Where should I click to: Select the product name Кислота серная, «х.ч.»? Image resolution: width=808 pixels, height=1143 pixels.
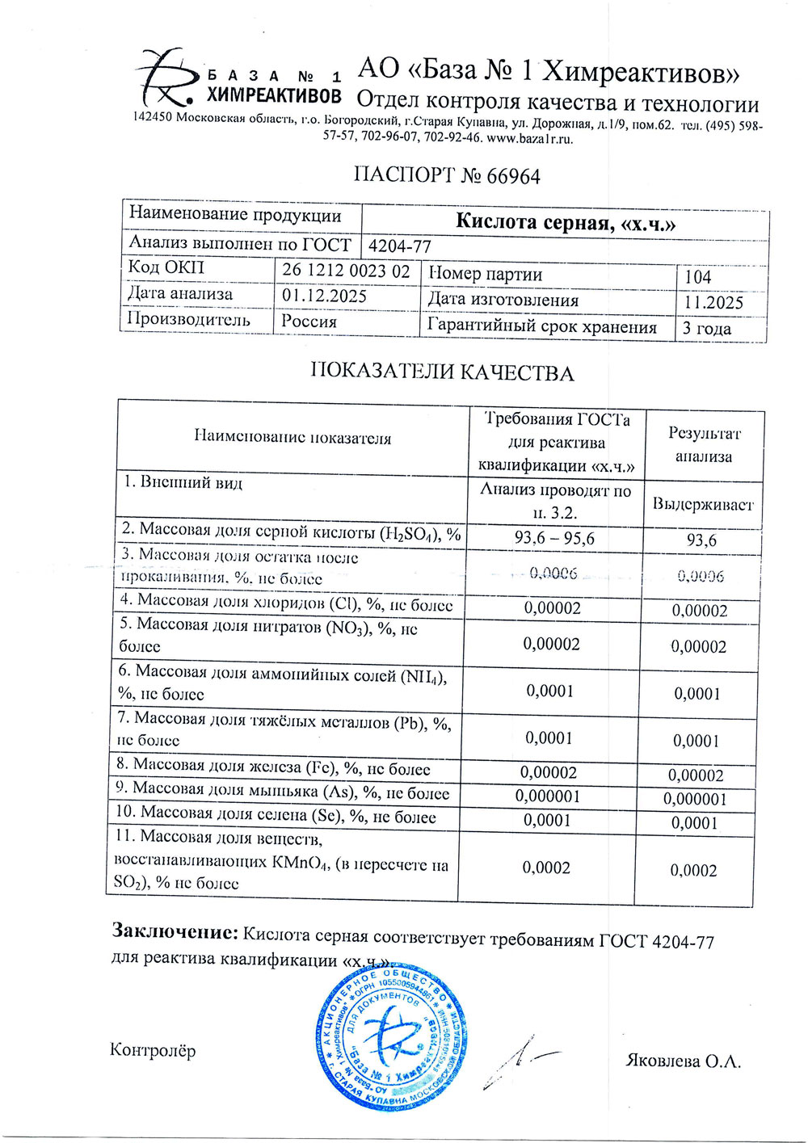click(x=565, y=222)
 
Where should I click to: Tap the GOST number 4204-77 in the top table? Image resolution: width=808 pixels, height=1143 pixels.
click(x=399, y=246)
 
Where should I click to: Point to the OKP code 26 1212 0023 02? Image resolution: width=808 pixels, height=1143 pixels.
click(x=346, y=271)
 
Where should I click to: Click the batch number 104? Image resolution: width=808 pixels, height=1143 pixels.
click(x=698, y=277)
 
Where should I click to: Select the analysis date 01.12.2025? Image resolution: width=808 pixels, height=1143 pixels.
click(x=324, y=296)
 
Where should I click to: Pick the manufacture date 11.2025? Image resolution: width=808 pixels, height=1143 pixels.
click(x=713, y=303)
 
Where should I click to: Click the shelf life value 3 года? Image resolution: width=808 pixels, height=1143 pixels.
click(x=706, y=329)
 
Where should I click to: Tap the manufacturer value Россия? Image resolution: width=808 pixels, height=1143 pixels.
click(x=309, y=321)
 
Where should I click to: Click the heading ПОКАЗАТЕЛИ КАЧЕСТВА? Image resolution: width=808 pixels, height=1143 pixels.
click(x=442, y=372)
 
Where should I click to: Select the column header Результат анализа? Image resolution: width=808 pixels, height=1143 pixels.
click(x=703, y=444)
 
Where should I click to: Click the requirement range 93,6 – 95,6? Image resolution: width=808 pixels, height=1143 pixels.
click(x=554, y=538)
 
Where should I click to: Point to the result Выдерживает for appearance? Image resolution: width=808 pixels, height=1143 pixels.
click(x=702, y=504)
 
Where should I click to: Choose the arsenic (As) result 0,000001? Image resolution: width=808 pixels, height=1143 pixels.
click(x=695, y=799)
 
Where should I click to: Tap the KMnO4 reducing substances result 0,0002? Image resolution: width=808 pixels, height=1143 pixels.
click(x=693, y=870)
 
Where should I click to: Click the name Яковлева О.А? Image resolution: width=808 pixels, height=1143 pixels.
click(x=683, y=1061)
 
